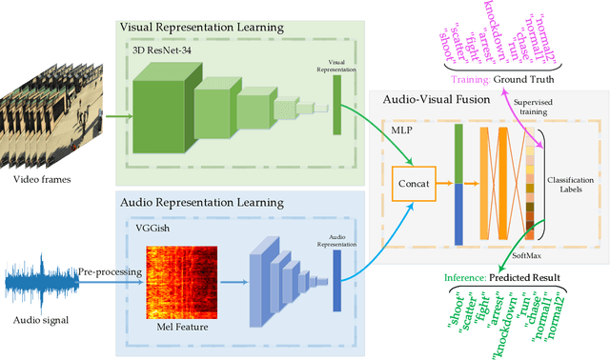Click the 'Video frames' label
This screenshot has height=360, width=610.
coord(43,179)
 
